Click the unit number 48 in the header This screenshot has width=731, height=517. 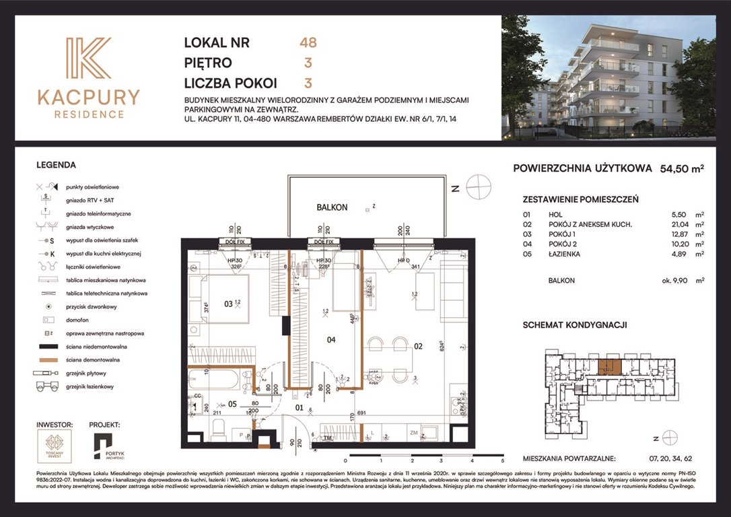[x=308, y=42]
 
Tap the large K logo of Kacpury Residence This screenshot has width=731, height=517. [x=88, y=59]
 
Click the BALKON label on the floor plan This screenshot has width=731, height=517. [x=332, y=207]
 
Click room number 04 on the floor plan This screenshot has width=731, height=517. [x=331, y=340]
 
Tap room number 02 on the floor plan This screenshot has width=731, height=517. [x=417, y=346]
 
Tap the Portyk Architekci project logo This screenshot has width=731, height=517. [x=104, y=448]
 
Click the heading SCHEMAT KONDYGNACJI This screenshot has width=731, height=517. [x=575, y=324]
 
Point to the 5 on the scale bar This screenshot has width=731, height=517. [x=502, y=462]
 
